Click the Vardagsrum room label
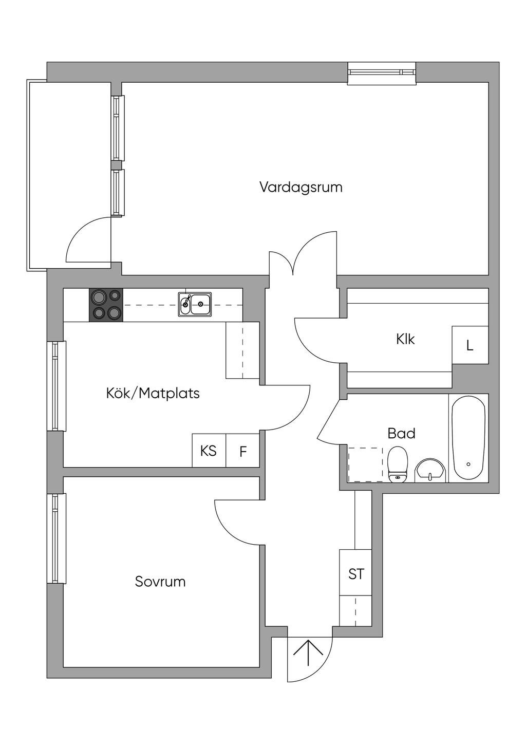300,187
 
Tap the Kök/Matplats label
153,394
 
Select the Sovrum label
160,582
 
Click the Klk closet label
405,339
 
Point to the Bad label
401,434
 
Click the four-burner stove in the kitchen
106,305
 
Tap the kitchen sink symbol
195,304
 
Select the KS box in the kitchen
209,451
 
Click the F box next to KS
243,452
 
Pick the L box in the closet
469,345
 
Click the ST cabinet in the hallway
356,573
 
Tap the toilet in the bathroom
398,465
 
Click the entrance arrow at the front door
308,652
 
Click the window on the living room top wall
381,72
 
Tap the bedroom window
57,538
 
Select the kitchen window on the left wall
57,386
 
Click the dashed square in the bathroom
365,464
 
